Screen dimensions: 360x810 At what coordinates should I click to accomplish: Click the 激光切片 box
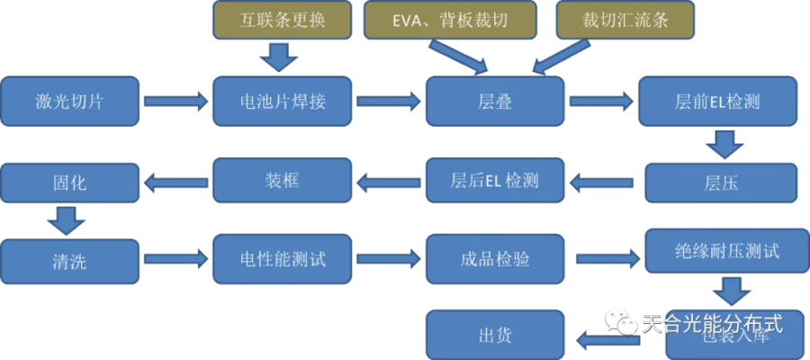71,101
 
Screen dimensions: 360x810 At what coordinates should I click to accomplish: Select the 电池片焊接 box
282,101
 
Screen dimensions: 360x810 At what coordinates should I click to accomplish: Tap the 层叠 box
495,101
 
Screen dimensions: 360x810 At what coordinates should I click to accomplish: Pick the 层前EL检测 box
717,101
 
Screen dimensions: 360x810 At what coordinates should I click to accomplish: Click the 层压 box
720,183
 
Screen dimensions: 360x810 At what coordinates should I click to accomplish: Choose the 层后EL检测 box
495,180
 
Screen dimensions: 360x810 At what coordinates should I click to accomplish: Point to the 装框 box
282,180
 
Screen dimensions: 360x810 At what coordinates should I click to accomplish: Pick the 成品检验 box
495,258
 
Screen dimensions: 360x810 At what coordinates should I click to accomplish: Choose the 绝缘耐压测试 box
720,250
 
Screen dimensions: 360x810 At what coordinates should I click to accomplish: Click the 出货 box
495,335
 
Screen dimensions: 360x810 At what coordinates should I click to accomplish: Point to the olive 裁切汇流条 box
625,19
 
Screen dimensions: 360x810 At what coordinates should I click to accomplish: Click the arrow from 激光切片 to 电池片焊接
175,101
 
